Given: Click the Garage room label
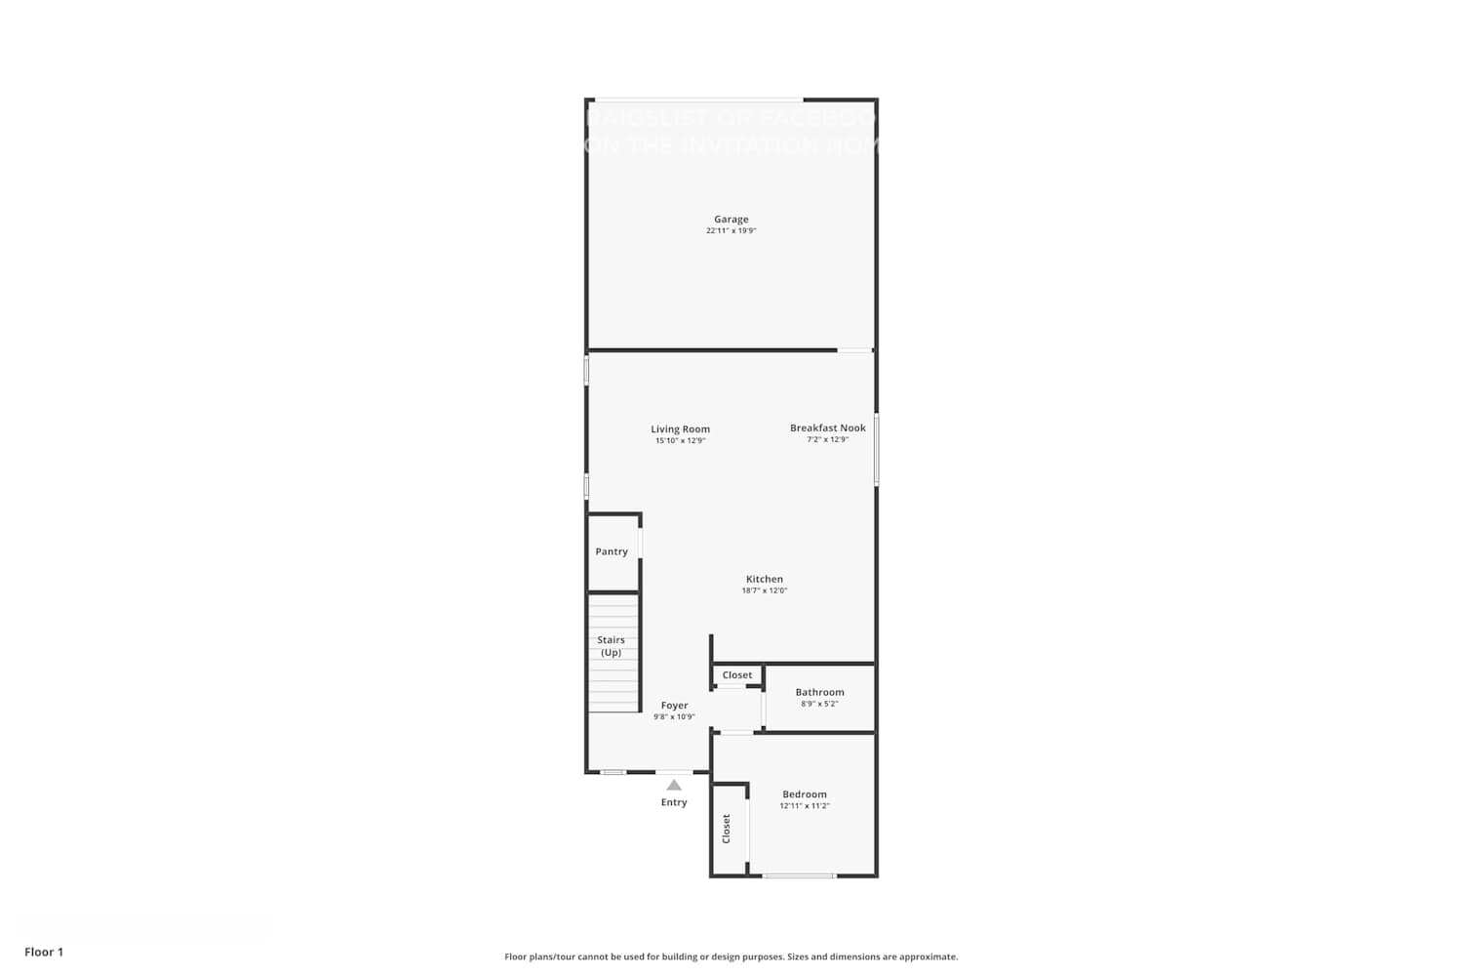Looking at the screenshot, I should [x=731, y=220].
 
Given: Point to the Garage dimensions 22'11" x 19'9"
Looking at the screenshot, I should [x=731, y=231].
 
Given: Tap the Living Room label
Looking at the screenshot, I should [x=680, y=429].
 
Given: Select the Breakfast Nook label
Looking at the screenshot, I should [x=827, y=428].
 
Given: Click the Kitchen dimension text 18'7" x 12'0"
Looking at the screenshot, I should [x=764, y=590].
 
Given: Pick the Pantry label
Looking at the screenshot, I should [x=612, y=551].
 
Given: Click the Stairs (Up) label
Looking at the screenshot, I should [x=612, y=646].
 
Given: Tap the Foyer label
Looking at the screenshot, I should [x=674, y=706].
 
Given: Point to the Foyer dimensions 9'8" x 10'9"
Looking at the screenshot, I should [x=674, y=717].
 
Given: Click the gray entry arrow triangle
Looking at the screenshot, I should [x=674, y=785].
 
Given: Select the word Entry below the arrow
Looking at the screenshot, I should [x=674, y=802].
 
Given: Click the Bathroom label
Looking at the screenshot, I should [x=819, y=693].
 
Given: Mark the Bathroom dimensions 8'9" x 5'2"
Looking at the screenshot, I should [x=819, y=704].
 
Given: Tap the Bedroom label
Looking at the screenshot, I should [x=804, y=794].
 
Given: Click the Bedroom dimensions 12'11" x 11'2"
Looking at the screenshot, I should [x=804, y=806].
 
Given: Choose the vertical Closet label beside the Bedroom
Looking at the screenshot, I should [x=727, y=829].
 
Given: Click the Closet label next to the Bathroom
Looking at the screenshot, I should [x=737, y=675].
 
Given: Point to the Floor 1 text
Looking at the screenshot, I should [x=44, y=952].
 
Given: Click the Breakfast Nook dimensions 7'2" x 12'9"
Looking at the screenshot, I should [x=827, y=440].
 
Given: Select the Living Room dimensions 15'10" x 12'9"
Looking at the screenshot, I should [x=680, y=441].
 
